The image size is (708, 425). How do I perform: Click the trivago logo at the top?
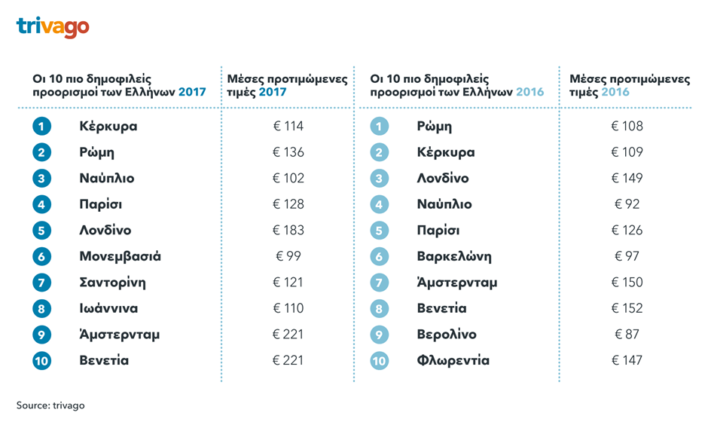point(52,27)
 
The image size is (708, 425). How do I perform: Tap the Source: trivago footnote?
point(50,405)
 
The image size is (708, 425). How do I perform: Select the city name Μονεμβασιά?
point(120,256)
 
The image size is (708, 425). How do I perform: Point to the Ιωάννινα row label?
point(108,308)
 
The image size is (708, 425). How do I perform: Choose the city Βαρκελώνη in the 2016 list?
point(453,256)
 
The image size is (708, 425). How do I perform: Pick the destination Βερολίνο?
point(446,335)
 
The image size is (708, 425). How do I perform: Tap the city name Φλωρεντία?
point(453,360)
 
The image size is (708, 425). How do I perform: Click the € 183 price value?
point(288,231)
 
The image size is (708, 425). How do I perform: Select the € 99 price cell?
point(288,256)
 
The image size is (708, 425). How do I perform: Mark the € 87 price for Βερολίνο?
point(627,335)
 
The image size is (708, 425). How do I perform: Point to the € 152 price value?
point(627,308)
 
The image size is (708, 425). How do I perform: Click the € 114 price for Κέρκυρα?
point(288,126)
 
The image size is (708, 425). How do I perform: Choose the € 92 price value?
point(627,204)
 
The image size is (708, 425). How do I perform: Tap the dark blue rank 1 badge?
point(41,126)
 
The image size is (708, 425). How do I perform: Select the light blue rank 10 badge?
point(380,361)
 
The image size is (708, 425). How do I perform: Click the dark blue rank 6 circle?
point(41,256)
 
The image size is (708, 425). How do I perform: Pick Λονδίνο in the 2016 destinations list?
point(442,179)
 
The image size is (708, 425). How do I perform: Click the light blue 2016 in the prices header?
point(615,92)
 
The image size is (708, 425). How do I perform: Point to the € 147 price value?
point(627,360)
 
